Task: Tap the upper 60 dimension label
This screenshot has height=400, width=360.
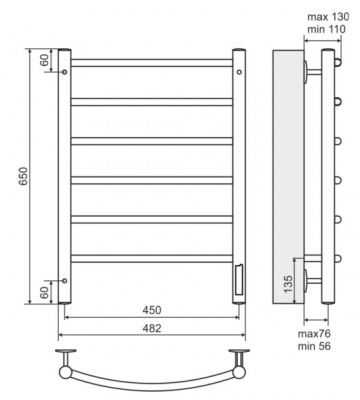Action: (44, 60)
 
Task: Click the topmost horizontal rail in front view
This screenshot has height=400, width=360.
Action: (152, 62)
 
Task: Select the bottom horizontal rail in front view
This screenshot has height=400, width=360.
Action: (152, 259)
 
